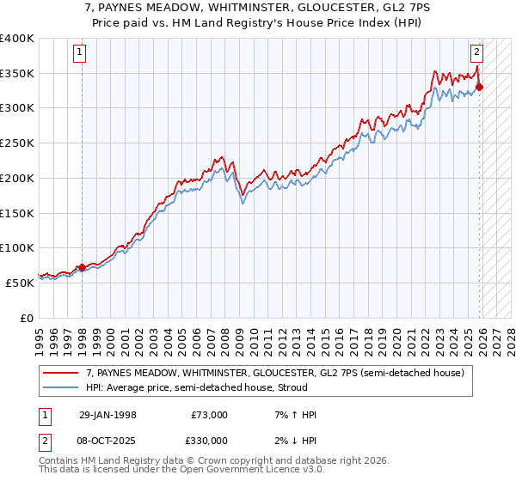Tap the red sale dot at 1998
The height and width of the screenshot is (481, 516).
tap(82, 267)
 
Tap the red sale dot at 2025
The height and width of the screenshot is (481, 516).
tap(480, 87)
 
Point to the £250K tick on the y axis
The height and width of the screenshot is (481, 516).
tap(18, 143)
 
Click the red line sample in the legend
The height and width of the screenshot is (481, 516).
tap(62, 373)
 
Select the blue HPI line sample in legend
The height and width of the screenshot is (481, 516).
tap(62, 387)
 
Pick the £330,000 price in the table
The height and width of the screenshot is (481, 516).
tap(210, 440)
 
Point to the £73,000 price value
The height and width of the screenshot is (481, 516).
tap(210, 415)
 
